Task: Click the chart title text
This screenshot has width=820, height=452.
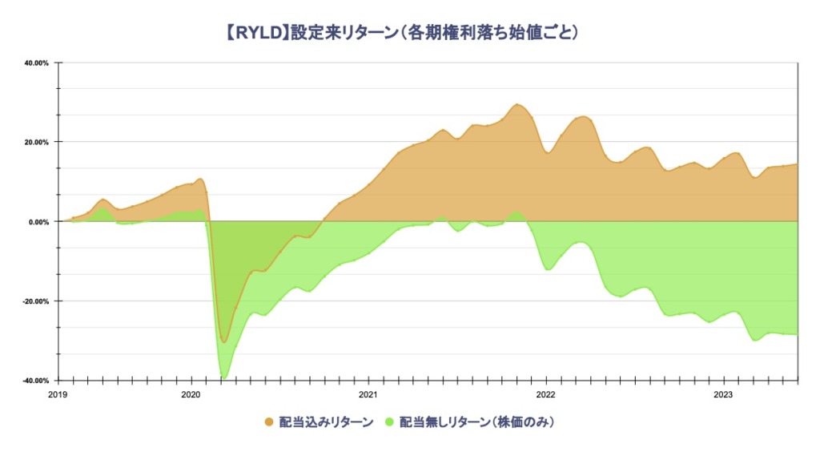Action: click(402, 32)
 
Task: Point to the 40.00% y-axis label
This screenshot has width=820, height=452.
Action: click(37, 63)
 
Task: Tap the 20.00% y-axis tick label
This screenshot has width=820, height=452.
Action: click(37, 143)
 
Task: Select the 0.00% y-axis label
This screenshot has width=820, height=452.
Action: click(38, 222)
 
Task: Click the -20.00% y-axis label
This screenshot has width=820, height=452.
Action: click(35, 301)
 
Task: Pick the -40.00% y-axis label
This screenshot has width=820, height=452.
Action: click(35, 381)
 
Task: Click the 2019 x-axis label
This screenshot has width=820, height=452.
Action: click(58, 395)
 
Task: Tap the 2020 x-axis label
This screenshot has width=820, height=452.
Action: click(191, 395)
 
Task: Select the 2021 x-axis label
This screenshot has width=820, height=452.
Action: click(368, 395)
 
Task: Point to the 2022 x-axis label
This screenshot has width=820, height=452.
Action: click(545, 395)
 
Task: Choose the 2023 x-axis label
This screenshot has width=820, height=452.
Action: click(723, 395)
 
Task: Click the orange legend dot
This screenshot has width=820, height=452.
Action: click(269, 422)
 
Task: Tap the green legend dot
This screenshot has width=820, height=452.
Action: click(389, 422)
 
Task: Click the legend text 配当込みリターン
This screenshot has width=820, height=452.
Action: click(327, 422)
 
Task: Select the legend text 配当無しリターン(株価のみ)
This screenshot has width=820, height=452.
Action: click(476, 422)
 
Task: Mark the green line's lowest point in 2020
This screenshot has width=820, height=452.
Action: click(224, 377)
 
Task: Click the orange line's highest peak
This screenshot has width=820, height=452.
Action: click(517, 104)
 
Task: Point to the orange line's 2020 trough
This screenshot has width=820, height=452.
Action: click(224, 343)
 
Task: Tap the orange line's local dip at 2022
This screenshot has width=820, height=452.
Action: click(548, 152)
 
